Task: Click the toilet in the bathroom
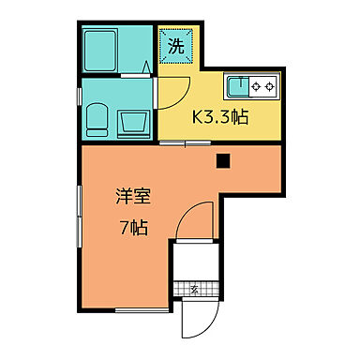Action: coord(97,119)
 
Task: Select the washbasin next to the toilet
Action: coord(131,122)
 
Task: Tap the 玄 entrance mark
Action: coord(194,289)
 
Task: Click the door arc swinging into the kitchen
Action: coord(171,93)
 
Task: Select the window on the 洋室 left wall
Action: coord(80,216)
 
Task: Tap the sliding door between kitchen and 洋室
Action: coord(184,142)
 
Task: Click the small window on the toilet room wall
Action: coord(78,97)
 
